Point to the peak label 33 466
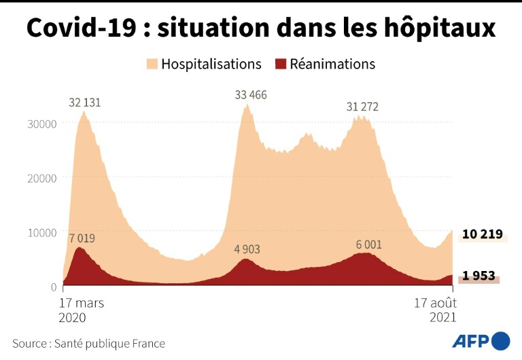[251, 95]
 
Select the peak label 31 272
[362, 107]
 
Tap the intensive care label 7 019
[82, 239]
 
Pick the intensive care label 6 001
[368, 245]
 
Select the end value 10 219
[482, 235]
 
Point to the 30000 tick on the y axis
[41, 124]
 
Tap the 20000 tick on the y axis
[41, 178]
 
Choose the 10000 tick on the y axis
[41, 232]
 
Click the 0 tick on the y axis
[52, 287]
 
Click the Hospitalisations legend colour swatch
[152, 65]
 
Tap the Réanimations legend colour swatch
[280, 65]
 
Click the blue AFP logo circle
[501, 341]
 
